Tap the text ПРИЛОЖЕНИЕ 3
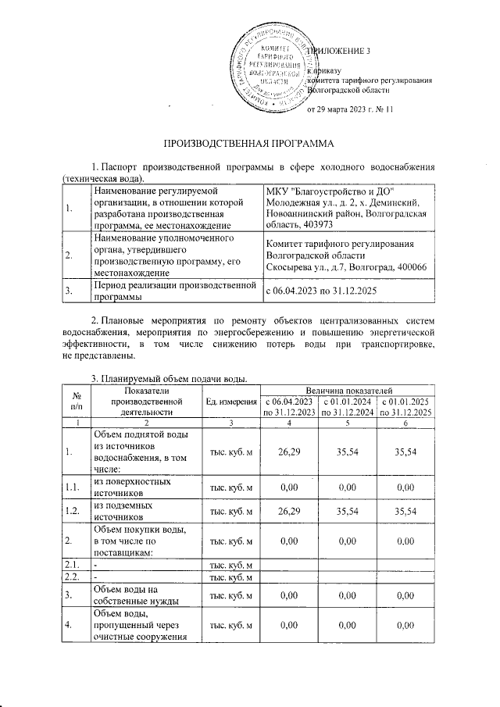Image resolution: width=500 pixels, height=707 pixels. [x=341, y=52]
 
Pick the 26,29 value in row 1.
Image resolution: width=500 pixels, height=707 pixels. [x=290, y=451]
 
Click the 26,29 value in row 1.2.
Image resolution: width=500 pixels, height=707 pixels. [x=290, y=511]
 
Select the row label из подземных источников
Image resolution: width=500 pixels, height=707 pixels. [x=123, y=511]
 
